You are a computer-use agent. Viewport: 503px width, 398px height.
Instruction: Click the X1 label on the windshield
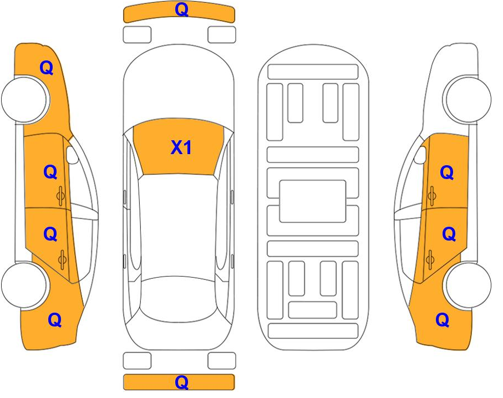181,147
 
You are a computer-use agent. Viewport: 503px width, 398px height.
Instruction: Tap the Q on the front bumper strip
181,9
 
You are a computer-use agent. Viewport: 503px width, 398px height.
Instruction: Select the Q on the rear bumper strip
181,382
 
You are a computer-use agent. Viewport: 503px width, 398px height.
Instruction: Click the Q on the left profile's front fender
46,68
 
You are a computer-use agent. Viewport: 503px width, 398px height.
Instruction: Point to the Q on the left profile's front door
50,172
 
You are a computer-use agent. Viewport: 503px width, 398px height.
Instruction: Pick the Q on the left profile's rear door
50,234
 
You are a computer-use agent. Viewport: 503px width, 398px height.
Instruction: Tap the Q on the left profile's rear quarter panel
54,320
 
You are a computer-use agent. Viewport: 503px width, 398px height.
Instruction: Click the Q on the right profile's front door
447,173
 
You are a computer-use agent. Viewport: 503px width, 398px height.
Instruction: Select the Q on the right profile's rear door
449,234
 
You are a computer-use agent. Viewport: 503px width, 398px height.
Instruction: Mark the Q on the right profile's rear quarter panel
443,320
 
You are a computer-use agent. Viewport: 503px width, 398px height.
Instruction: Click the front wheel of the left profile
26,99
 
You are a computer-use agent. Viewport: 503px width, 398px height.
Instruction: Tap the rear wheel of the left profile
25,285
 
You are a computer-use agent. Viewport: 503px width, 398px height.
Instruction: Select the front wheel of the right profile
467,99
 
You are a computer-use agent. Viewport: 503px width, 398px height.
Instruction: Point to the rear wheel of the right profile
467,285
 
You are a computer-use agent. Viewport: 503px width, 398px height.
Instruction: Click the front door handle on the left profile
60,196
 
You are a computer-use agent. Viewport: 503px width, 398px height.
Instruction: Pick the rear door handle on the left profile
62,259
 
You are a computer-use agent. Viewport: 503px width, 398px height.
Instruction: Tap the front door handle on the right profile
432,196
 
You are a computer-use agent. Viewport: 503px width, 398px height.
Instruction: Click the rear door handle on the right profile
430,259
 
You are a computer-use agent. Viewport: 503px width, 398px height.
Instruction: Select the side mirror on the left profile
72,155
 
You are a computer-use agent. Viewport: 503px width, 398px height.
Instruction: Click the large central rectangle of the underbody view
313,201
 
